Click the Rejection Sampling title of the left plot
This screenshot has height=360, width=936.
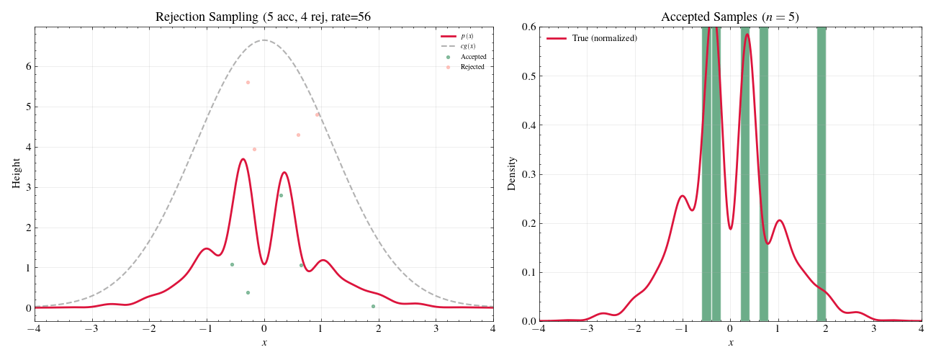(x=264, y=17)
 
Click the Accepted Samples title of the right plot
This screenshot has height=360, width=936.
(x=730, y=17)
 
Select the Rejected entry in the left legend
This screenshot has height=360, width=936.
(x=472, y=67)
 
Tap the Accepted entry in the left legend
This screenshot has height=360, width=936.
(x=473, y=57)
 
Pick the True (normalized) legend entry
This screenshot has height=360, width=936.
(x=604, y=38)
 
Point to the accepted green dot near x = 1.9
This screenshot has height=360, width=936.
(x=373, y=306)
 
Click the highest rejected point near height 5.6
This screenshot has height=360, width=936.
(x=248, y=82)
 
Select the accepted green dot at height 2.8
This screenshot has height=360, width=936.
(x=281, y=195)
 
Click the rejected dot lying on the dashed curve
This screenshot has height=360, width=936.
(x=317, y=114)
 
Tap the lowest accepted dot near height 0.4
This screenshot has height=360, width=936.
(x=248, y=292)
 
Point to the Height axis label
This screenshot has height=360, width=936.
(x=16, y=174)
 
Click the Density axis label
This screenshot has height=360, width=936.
(x=512, y=174)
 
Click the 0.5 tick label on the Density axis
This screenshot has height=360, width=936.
(x=526, y=76)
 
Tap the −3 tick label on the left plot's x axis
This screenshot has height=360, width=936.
(x=91, y=329)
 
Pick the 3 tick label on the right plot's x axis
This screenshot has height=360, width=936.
(x=874, y=329)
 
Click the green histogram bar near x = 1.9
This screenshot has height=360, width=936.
(x=822, y=173)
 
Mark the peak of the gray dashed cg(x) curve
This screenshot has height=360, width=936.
(x=264, y=40)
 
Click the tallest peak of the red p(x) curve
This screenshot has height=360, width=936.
(x=243, y=159)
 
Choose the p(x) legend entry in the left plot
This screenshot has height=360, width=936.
(x=467, y=36)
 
